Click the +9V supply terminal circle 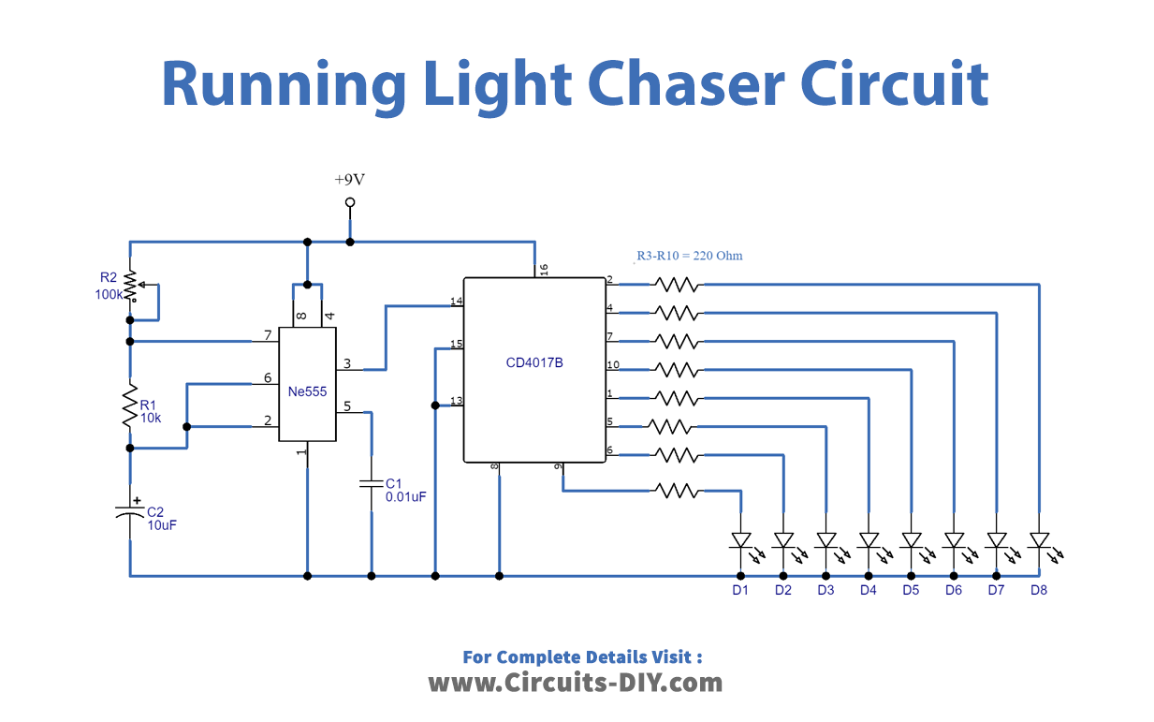(x=350, y=202)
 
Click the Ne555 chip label (x=307, y=391)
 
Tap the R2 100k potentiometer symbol (x=131, y=287)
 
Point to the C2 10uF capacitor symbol (x=131, y=514)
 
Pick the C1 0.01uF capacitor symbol (x=372, y=484)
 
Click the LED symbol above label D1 (x=740, y=541)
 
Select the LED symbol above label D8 (x=1038, y=541)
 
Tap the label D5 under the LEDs (x=911, y=590)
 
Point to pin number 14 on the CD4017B (x=457, y=302)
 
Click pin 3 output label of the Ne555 (x=347, y=363)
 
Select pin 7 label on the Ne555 (x=268, y=335)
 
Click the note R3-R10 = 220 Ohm (x=690, y=255)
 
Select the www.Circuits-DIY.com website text (x=575, y=683)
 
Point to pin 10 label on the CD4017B (x=612, y=364)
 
